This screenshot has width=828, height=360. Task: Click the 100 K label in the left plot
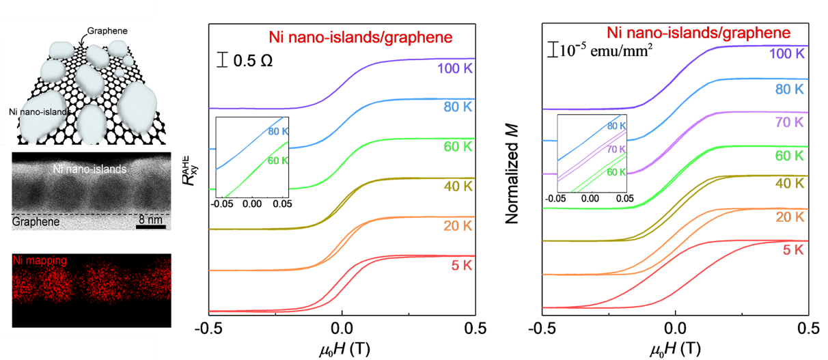pyautogui.click(x=456, y=68)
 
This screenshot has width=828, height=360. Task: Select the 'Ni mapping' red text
pyautogui.click(x=39, y=261)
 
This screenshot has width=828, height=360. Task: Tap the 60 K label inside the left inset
pyautogui.click(x=279, y=161)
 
